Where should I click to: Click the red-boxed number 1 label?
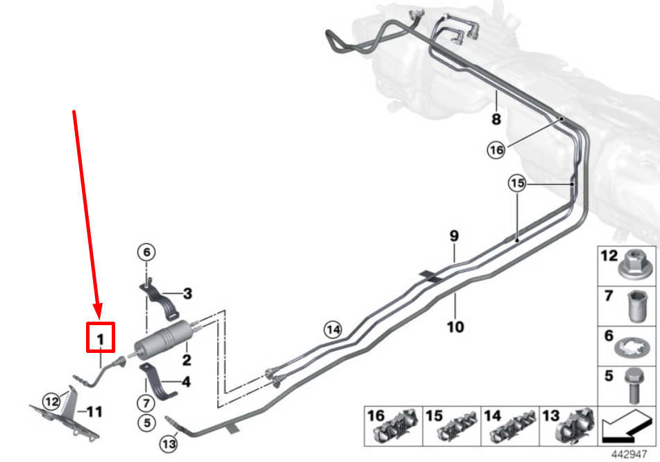coord(100,339)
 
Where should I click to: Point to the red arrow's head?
coord(98,311)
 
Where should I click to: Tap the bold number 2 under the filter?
coord(187,360)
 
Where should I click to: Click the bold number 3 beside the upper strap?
coord(188,293)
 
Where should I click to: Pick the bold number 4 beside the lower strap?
coord(186,382)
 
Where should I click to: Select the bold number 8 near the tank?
coord(497,119)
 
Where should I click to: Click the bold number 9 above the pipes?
coord(454,236)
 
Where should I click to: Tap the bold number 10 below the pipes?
coord(455,327)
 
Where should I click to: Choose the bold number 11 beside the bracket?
coord(94,411)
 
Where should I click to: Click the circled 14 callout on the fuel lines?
coord(332,329)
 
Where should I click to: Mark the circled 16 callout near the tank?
coord(496,149)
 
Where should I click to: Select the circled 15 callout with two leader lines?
coord(517,183)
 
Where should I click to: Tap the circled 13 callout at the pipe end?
coord(169,443)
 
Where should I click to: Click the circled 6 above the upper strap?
coord(146,252)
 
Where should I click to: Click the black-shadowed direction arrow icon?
coord(626,427)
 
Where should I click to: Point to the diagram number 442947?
coord(629,454)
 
